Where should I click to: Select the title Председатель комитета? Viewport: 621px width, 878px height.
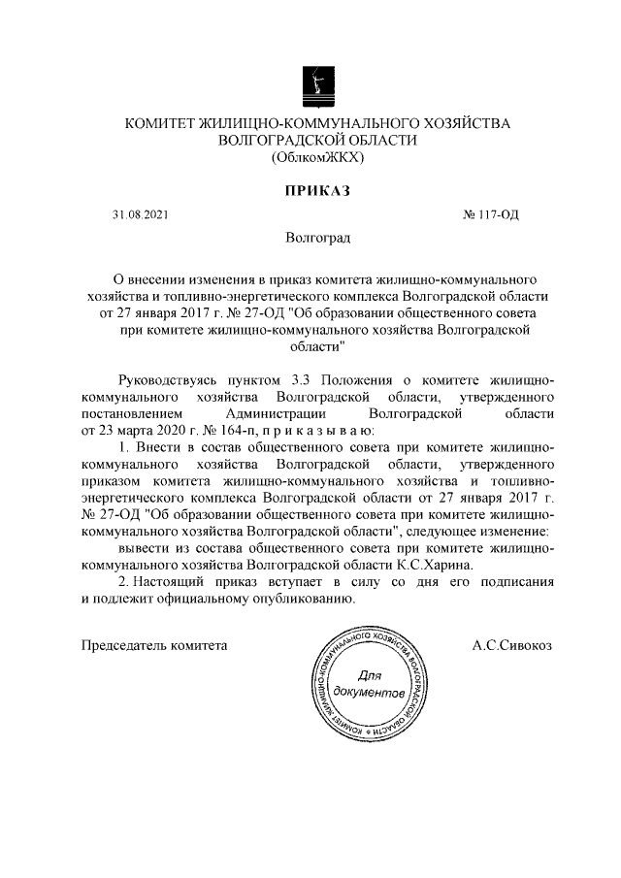155,643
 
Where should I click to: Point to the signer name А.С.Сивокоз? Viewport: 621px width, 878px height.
511,643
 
